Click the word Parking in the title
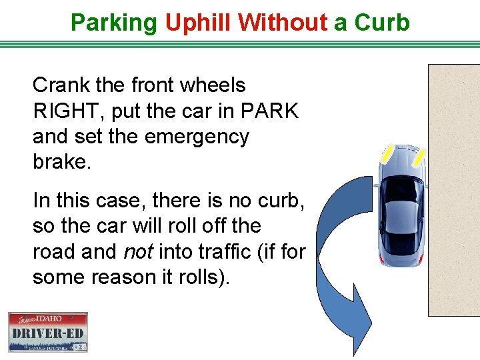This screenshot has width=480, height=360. [113, 23]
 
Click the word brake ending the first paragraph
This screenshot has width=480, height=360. [59, 162]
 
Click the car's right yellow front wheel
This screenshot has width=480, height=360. [419, 157]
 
